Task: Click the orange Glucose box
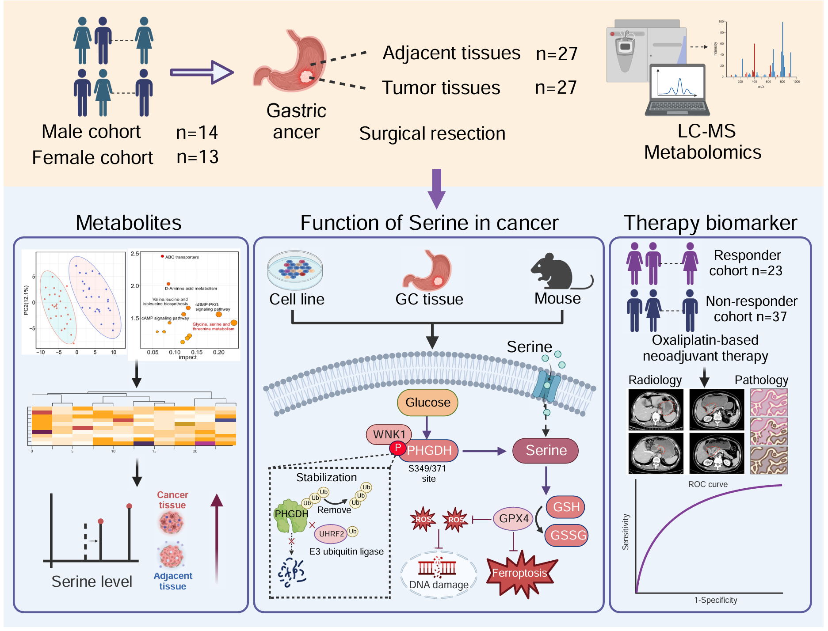coord(427,403)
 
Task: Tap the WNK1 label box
coord(389,434)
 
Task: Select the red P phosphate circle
coord(398,448)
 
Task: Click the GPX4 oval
coord(514,518)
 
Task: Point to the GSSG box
coord(567,535)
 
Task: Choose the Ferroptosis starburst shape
coord(520,574)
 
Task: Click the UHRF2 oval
coord(332,534)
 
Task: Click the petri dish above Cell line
coord(295,270)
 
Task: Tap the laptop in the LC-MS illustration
coord(677,91)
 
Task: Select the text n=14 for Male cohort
coord(197,132)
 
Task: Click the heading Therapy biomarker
coord(710,223)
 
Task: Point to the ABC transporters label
coord(182,257)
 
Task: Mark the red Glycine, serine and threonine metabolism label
coord(213,327)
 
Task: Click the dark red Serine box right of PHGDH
coord(546,450)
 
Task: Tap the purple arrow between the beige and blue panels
coord(436,188)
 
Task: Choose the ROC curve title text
coord(708,484)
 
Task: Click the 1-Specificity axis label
coord(715,600)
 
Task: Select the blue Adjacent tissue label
coord(172,581)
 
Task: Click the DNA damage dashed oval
coord(439,574)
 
